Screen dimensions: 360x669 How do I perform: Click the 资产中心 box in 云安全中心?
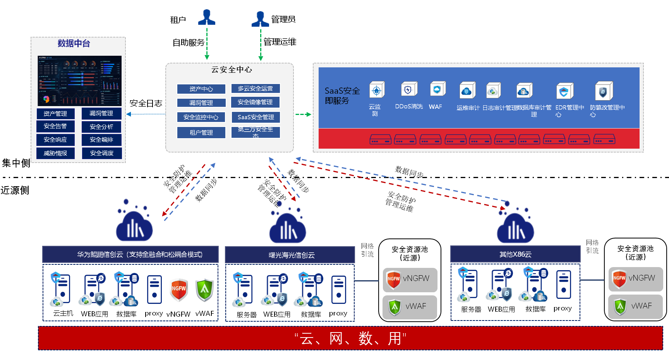(x=201, y=89)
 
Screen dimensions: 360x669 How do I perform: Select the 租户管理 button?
(x=201, y=132)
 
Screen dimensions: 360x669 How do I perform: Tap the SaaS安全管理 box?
(x=256, y=117)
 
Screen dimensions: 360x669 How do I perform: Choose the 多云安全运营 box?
(x=256, y=89)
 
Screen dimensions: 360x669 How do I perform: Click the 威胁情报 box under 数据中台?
(x=55, y=153)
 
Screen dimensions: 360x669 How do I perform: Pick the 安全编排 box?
(x=101, y=140)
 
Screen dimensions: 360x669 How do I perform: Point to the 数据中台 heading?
(x=74, y=43)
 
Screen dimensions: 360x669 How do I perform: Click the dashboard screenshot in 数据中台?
(x=79, y=81)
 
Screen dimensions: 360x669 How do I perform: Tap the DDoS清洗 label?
(x=409, y=106)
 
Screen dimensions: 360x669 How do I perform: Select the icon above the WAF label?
(x=437, y=89)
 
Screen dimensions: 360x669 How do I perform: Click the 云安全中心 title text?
(x=232, y=70)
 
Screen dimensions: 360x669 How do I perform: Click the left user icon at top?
(x=207, y=18)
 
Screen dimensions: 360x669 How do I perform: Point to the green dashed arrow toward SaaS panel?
(x=303, y=115)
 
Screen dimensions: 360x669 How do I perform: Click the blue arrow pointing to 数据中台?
(x=145, y=114)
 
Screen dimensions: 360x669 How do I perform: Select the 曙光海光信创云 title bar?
(x=290, y=255)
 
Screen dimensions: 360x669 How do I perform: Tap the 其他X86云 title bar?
(x=515, y=254)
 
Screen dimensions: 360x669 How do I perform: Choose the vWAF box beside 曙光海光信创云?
(x=410, y=307)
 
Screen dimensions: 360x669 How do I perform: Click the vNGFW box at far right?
(x=635, y=279)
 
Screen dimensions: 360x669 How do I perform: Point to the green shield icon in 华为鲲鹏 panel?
(x=204, y=289)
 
